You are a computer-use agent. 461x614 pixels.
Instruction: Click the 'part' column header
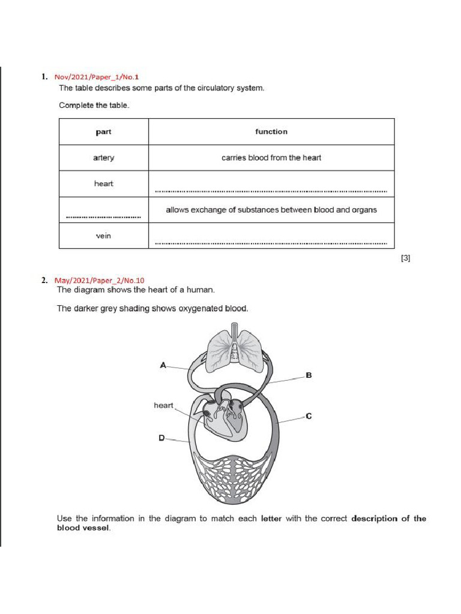click(103, 132)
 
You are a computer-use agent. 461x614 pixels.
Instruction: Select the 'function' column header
click(271, 132)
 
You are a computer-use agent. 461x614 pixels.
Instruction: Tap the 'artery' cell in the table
click(103, 158)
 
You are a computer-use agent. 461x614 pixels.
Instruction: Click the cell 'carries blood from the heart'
click(271, 158)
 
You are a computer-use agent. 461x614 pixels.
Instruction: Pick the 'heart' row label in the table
click(103, 183)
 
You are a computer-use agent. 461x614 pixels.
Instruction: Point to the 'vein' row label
click(103, 236)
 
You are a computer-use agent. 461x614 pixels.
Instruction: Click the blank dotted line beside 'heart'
click(271, 191)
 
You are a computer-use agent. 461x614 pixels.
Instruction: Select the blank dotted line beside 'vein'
click(271, 243)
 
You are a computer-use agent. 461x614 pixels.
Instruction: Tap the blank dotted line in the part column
click(103, 216)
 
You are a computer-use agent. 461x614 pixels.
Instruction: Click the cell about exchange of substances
click(271, 210)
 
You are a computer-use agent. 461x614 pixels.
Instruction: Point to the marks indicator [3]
click(405, 258)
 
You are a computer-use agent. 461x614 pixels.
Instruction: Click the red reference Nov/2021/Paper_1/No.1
click(97, 77)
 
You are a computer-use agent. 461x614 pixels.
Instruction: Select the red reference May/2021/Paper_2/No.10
click(99, 280)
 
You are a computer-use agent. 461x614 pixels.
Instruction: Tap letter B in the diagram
click(309, 375)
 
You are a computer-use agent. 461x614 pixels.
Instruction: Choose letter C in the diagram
click(309, 416)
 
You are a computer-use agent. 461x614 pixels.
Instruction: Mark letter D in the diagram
click(161, 438)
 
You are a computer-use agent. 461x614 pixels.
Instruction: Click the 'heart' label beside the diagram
click(163, 405)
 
